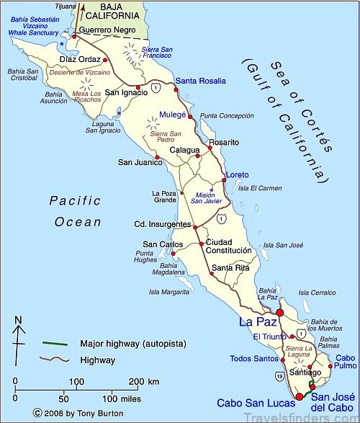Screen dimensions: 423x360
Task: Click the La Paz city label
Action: (x=255, y=322)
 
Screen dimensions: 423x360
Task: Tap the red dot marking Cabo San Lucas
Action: (x=300, y=395)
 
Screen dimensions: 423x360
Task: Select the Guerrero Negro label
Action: (x=107, y=31)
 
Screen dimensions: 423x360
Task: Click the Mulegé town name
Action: (x=173, y=114)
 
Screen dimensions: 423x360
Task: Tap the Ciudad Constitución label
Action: (x=229, y=246)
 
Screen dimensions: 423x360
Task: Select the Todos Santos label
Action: (x=254, y=358)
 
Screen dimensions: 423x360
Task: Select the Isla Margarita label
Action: (x=168, y=292)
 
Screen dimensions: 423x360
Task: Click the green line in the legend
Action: (x=55, y=343)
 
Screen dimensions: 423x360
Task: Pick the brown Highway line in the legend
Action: (x=55, y=359)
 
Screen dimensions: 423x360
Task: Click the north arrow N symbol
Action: (x=19, y=320)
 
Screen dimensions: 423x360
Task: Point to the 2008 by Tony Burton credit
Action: (x=69, y=413)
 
